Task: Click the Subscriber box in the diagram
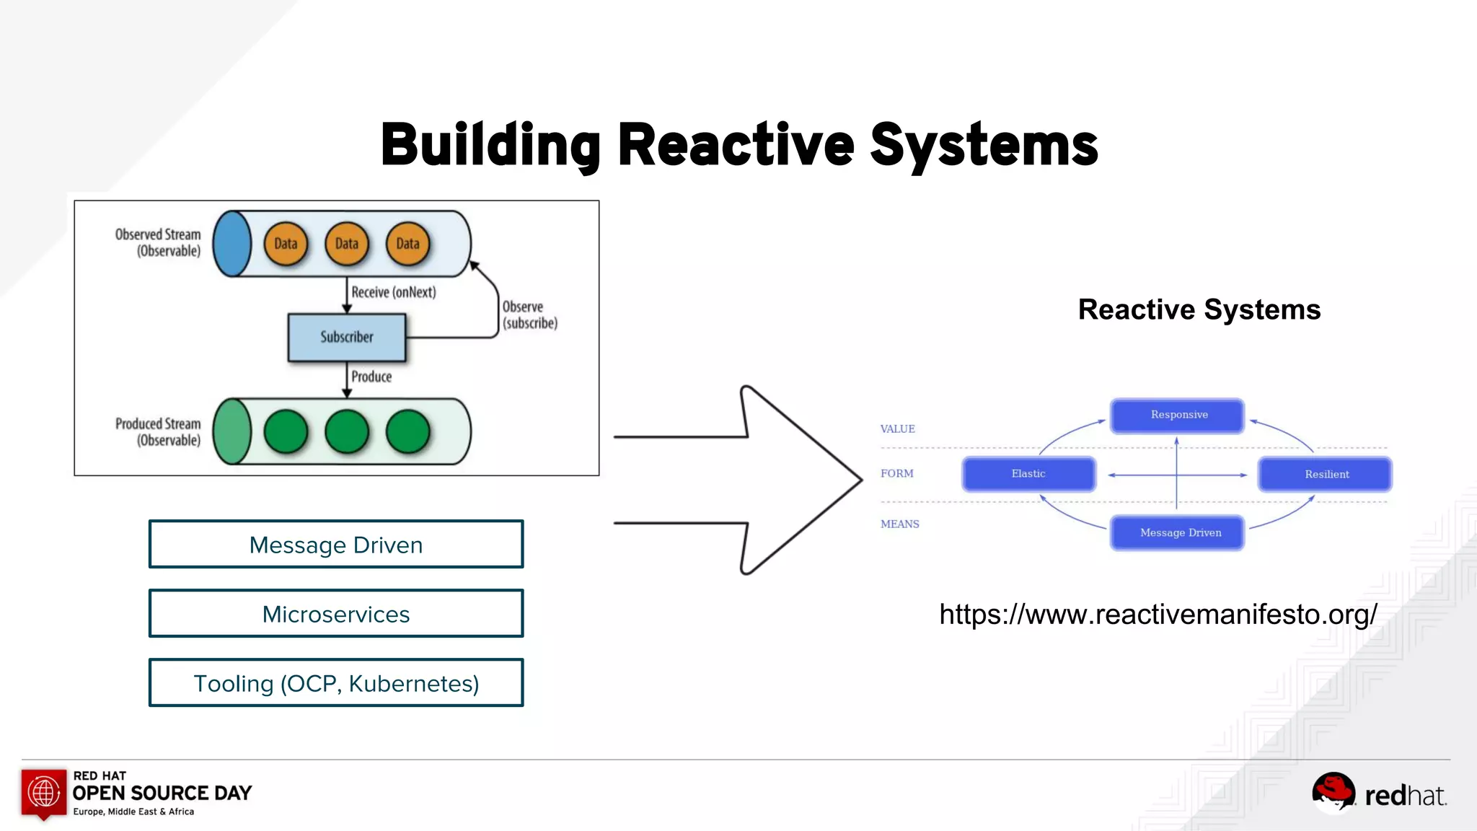click(346, 337)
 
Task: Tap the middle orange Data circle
click(346, 244)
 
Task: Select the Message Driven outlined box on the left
click(336, 545)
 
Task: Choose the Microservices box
click(336, 614)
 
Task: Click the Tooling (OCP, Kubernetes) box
click(336, 683)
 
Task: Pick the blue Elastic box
click(1028, 474)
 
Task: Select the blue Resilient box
click(1325, 475)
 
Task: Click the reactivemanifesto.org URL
click(1158, 615)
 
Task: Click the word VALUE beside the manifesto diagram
click(897, 428)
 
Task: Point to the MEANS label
click(899, 524)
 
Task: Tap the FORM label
click(896, 473)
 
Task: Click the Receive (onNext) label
click(393, 292)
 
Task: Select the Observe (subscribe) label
click(529, 315)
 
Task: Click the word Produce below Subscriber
click(371, 377)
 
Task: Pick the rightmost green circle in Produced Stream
click(407, 431)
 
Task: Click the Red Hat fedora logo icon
click(1333, 792)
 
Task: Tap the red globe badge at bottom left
click(44, 793)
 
